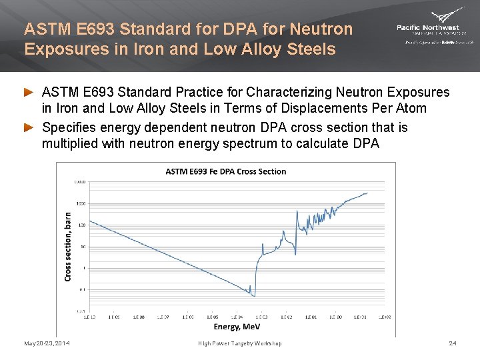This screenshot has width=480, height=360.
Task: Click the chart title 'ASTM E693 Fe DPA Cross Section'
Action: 226,171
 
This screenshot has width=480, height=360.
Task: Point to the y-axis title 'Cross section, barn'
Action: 67,247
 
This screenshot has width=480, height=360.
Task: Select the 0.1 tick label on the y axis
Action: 80,289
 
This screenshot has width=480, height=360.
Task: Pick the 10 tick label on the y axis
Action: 81,247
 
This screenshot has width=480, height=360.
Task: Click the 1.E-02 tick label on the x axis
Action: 286,317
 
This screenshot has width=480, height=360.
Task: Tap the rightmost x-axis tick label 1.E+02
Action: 385,317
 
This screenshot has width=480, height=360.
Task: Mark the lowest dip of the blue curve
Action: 253,295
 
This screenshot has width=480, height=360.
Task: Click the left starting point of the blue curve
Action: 89,221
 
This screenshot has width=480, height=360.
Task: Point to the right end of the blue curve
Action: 367,193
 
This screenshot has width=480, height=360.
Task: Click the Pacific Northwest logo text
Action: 427,27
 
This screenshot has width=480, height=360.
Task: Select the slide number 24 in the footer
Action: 453,343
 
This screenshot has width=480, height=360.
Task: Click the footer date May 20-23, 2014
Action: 47,343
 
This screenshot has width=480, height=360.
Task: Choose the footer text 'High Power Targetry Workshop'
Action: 240,343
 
